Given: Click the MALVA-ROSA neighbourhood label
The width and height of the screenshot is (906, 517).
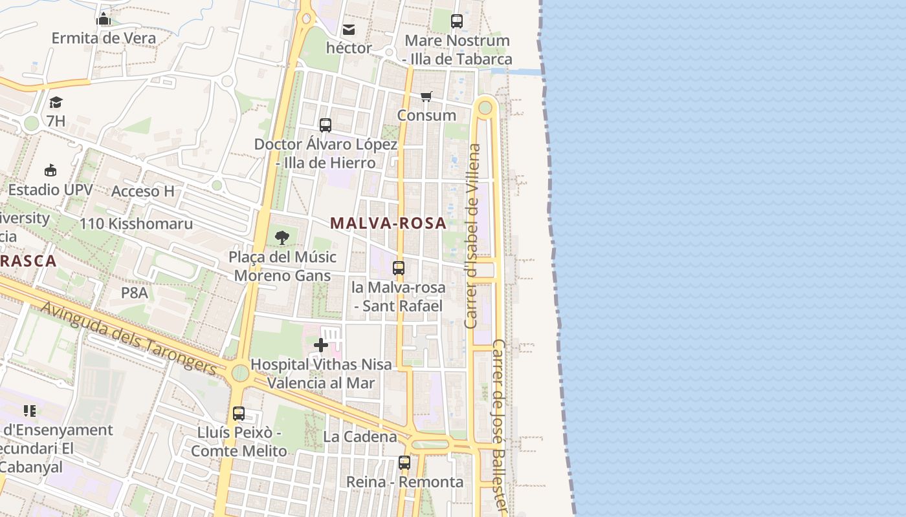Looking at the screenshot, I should [388, 224].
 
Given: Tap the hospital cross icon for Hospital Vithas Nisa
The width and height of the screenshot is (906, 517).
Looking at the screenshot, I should [321, 345].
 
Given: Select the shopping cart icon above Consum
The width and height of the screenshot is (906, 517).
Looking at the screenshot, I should [426, 97].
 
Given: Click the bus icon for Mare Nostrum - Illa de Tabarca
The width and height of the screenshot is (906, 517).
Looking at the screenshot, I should [457, 21].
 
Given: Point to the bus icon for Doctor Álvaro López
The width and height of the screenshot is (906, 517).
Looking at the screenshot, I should [326, 125].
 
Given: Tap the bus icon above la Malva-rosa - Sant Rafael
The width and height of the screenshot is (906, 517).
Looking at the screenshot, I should [399, 268].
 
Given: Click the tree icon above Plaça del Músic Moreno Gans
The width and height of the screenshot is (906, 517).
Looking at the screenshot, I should [282, 238].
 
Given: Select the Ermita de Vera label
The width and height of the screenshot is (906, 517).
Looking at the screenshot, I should [104, 38].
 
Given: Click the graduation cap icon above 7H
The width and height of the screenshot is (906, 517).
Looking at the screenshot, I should [56, 102].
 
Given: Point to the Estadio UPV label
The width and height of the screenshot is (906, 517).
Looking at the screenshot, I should [50, 190].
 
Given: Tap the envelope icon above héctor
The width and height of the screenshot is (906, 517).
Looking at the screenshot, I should [349, 29].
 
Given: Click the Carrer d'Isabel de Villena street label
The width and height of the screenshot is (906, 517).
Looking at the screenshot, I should [474, 236].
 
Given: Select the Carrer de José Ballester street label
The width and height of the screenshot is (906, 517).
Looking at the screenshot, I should [500, 427].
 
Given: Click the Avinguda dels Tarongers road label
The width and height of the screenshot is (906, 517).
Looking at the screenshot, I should [129, 339].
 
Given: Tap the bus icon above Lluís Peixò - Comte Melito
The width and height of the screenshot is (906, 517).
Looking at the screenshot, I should [239, 413].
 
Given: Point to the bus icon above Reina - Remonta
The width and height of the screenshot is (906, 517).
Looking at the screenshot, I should [404, 463].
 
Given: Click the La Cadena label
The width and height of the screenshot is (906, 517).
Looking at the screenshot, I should [360, 437].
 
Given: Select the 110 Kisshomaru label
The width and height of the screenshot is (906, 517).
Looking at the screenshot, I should [136, 224].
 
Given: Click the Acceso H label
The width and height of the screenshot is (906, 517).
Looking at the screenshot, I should [143, 191].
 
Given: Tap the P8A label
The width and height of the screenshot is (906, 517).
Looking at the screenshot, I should [135, 293].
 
